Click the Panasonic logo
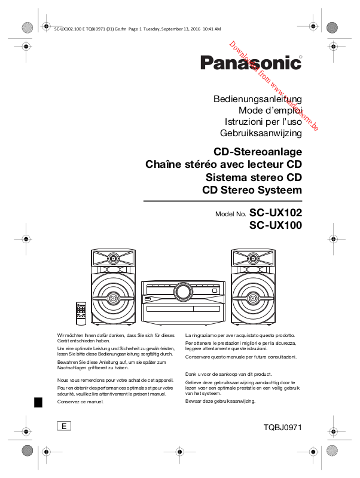point(251,63)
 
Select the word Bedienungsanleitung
point(257,99)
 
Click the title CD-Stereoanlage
point(258,151)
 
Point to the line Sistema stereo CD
point(254,177)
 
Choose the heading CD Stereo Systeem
point(252,191)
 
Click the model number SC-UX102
point(276,212)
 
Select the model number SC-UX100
point(276,225)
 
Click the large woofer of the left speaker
point(112,296)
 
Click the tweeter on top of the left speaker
point(112,259)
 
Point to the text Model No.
point(230,214)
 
